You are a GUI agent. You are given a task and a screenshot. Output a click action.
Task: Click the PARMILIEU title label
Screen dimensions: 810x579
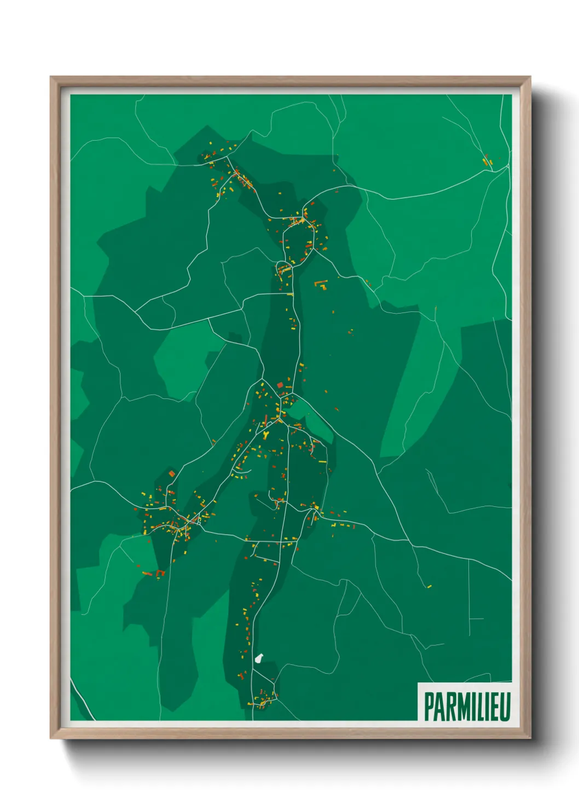(x=467, y=707)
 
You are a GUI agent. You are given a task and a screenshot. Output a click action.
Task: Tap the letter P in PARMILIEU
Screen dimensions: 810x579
(x=429, y=707)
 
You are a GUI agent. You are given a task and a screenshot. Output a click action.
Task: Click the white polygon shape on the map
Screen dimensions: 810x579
(x=259, y=658)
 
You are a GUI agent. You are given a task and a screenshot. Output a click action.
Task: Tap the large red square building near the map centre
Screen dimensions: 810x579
(x=280, y=385)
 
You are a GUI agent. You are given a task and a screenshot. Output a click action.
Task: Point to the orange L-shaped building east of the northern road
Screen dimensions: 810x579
(x=320, y=283)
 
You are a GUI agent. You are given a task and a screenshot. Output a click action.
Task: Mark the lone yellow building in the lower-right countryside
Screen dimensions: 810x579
(x=429, y=586)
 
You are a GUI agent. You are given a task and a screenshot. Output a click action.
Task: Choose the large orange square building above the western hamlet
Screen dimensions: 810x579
(x=171, y=473)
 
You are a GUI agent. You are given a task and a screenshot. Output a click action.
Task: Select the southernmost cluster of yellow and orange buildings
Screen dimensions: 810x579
(x=263, y=699)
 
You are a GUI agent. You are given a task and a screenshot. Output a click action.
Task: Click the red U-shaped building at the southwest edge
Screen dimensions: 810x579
(x=160, y=573)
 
